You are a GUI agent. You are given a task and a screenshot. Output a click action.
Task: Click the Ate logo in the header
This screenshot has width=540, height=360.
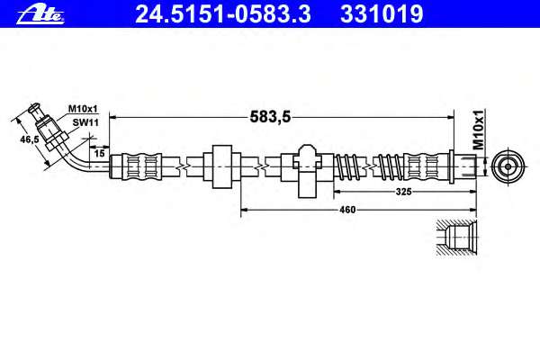coord(40,14)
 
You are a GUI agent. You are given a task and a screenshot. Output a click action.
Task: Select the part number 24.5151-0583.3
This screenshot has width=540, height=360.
coord(223,14)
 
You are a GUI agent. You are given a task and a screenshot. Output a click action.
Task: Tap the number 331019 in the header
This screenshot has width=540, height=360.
coord(382,14)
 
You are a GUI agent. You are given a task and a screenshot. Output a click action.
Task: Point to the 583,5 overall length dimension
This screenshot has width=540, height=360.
coord(270,117)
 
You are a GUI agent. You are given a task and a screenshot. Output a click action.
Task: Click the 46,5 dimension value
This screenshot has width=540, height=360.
coord(30,139)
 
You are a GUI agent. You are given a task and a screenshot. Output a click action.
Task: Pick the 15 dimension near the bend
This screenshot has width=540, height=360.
coord(99,153)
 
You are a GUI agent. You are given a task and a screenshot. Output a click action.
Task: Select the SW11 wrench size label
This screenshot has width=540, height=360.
coord(85,122)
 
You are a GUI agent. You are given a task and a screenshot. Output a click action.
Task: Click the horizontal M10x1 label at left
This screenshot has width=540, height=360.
coord(83,109)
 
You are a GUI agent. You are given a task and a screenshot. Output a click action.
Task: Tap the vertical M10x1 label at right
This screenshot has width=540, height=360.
coord(478,130)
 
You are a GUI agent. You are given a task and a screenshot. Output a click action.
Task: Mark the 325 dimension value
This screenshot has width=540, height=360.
coord(403,192)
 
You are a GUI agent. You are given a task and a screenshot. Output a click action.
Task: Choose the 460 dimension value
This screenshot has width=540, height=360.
coord(347,210)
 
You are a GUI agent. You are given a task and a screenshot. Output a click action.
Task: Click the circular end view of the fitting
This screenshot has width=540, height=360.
coord(508,166)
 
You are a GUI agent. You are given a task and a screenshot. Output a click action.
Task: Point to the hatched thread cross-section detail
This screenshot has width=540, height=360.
coord(456,238)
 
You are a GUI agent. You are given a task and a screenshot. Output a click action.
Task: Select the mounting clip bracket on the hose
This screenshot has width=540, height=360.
coord(307,171)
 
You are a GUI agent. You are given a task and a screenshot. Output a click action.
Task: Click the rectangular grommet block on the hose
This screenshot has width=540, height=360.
coord(221,166)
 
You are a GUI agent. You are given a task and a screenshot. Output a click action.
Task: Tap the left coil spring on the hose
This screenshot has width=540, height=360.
coord(348,166)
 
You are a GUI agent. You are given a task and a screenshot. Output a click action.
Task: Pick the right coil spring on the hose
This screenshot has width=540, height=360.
coord(390,166)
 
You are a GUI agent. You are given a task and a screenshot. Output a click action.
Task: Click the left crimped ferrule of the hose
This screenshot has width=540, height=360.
coord(142,166)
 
